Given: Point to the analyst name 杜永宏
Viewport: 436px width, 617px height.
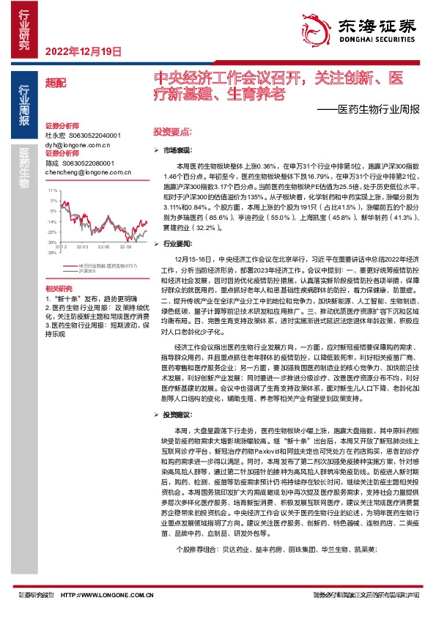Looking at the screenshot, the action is tap(56, 136).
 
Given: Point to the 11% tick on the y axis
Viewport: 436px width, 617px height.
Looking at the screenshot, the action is tap(53, 191).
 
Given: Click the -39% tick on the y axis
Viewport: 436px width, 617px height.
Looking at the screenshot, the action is tap(52, 252).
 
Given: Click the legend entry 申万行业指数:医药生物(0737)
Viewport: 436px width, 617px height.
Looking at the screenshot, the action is tap(106, 265).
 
